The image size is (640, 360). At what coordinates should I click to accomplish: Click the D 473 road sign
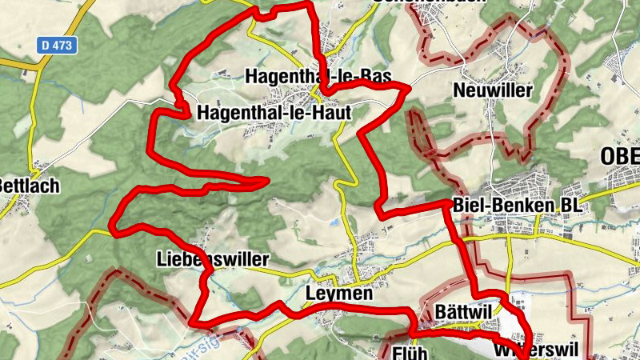point(58,46)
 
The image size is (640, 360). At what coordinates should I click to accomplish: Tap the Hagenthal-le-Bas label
point(318,77)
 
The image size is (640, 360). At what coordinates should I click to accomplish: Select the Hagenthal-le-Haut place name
point(274,113)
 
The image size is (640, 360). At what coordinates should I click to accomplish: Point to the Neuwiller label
point(492,90)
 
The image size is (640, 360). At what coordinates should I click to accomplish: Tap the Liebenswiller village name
point(213,260)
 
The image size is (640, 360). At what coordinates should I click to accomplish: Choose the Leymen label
point(339,294)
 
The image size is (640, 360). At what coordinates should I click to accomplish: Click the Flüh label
point(413,352)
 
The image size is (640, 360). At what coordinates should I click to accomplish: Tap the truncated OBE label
point(620,156)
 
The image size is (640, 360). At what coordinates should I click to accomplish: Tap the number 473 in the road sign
point(62,46)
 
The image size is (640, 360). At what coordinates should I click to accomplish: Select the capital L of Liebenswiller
point(162,260)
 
